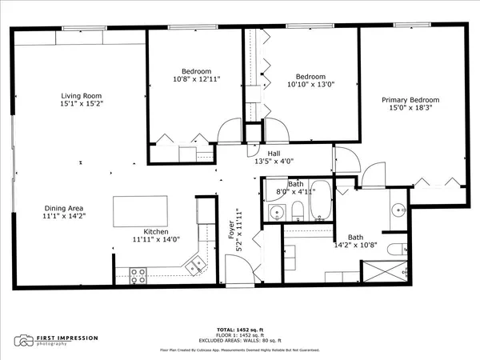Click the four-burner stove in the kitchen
point(138,274)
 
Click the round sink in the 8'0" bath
point(277,212)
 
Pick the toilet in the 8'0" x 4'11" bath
point(298,211)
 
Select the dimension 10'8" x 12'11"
point(195,79)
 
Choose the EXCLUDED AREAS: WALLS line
point(240,342)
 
